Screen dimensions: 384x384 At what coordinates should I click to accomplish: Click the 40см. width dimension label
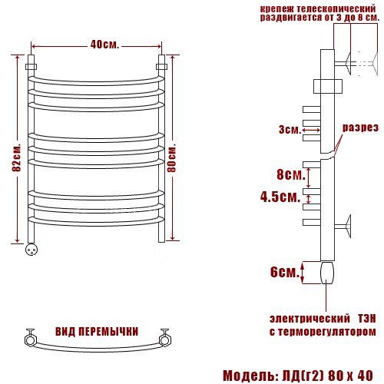104,45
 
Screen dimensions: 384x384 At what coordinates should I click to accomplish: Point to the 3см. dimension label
290,130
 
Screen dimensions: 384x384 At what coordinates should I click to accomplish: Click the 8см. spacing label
291,175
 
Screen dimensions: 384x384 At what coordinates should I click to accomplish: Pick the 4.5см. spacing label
280,197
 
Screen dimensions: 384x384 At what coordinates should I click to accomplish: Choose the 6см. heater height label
285,272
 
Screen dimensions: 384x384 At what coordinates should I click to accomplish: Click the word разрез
360,127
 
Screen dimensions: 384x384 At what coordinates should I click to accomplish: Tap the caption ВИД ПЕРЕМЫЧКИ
97,332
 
